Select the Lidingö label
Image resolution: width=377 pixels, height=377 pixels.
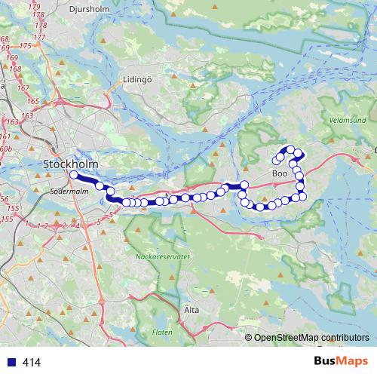coord(138,79)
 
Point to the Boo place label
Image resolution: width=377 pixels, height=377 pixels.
coord(279,173)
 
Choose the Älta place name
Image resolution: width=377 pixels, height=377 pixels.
coord(192,310)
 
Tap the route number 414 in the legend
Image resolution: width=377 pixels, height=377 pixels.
coord(32,363)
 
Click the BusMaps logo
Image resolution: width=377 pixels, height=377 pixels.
coord(340,362)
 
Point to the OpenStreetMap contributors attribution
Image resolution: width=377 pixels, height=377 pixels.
coord(311,338)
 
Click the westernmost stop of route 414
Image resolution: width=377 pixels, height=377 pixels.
coord(74,175)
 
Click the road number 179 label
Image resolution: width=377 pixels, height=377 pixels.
coord(35,7)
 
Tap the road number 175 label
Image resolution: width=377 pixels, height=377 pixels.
coord(27,46)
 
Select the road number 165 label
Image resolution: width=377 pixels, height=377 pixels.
coord(33,100)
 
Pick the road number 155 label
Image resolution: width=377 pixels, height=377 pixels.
coord(8,219)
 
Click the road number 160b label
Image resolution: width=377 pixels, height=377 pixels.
coord(7,150)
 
